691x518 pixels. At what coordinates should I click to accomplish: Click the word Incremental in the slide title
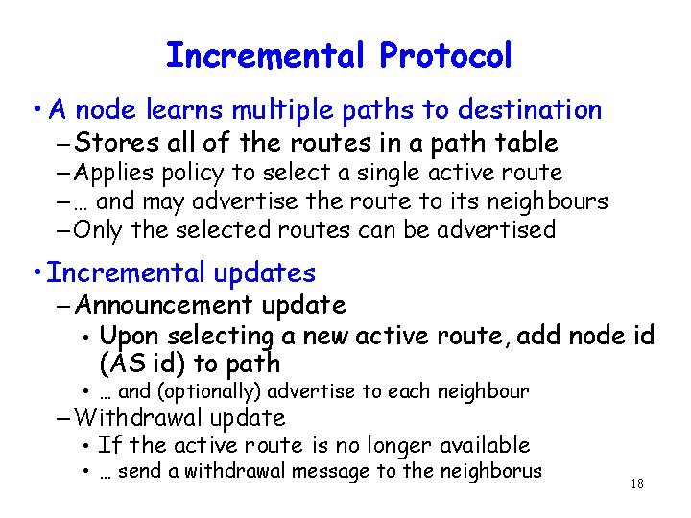pyautogui.click(x=264, y=56)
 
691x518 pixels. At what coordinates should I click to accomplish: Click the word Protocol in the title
pyautogui.click(x=445, y=56)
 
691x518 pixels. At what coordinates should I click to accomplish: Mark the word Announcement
pyautogui.click(x=160, y=305)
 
